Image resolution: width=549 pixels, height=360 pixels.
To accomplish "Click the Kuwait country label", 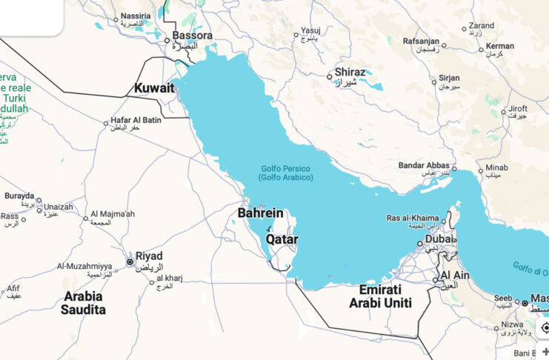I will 154,88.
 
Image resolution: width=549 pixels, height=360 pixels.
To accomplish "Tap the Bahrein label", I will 261,213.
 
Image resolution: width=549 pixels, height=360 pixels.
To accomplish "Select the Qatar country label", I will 282,239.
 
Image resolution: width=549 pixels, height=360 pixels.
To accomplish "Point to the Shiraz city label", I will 350,73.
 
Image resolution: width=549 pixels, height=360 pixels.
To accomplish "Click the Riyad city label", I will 149,256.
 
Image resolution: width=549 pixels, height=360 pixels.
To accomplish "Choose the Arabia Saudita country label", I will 84,302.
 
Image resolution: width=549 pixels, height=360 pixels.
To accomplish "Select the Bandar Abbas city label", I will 425,165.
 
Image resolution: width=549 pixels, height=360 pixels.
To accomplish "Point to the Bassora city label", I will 193,36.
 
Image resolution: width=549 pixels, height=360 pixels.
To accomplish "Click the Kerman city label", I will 500,46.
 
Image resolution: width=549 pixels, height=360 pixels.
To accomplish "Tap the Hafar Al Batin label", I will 136,120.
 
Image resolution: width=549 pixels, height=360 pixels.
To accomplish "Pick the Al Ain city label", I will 456,276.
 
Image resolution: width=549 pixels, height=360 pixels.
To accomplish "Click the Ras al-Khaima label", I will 413,218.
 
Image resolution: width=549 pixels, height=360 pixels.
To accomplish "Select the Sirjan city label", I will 449,78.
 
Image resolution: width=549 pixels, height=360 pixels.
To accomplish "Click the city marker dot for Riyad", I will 130,261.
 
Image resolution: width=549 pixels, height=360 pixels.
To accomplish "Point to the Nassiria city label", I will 136,16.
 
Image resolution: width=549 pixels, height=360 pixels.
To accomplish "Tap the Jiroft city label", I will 518,109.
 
